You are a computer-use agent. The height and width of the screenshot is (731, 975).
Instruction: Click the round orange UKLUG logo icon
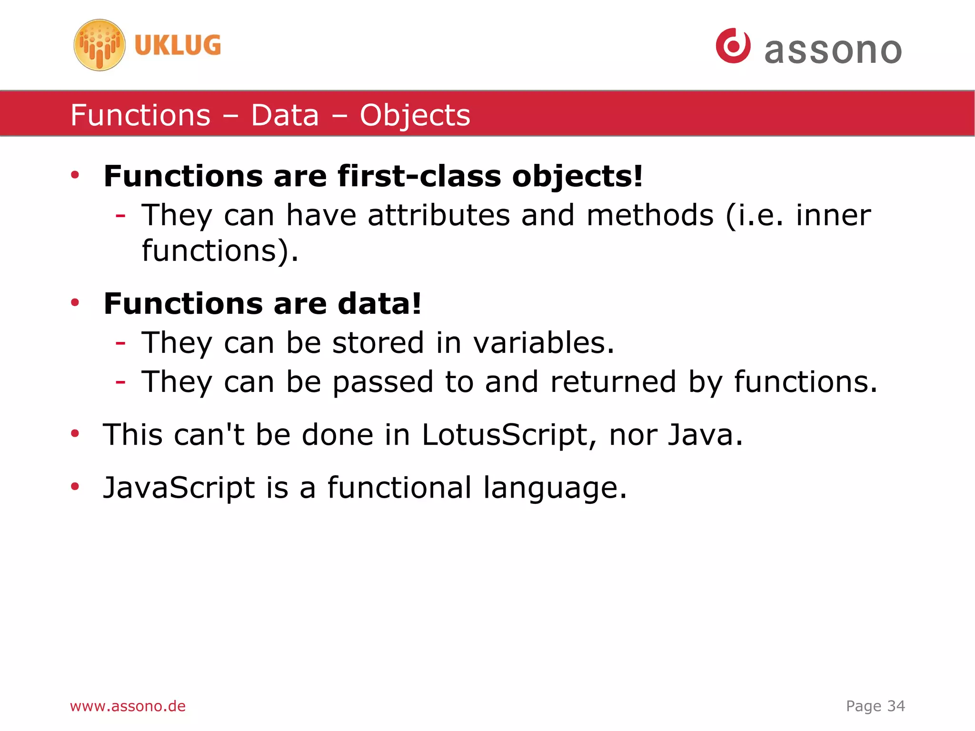[99, 45]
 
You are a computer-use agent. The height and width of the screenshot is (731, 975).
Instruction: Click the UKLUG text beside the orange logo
[178, 46]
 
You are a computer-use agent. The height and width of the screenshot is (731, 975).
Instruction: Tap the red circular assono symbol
[733, 46]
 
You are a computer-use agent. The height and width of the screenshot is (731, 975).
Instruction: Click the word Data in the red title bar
[285, 115]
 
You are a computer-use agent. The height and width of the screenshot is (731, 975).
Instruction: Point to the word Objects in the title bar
[415, 115]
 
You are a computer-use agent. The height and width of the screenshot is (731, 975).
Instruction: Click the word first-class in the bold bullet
[419, 176]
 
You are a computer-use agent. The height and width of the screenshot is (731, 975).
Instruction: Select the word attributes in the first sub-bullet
[438, 215]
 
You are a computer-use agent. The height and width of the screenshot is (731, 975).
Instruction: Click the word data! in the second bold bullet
[379, 304]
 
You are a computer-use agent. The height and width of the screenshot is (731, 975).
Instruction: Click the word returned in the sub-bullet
[613, 382]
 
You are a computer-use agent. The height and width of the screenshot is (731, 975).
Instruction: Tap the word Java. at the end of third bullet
[705, 435]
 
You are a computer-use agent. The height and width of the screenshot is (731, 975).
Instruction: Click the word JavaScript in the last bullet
[179, 488]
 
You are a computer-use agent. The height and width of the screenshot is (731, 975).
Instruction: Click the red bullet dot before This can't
[75, 433]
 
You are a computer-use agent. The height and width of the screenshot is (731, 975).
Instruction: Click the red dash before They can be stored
[120, 343]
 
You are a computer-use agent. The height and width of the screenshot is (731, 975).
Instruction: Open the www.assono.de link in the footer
[128, 706]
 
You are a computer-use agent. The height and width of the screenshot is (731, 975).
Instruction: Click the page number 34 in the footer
[896, 706]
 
